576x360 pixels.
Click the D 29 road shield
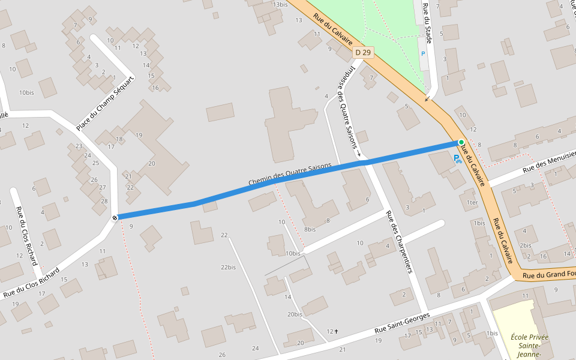(x=363, y=53)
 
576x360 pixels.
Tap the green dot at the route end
(x=461, y=142)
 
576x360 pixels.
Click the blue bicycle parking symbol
(x=457, y=159)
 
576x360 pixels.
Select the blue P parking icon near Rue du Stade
(x=422, y=53)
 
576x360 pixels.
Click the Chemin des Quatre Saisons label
(x=290, y=175)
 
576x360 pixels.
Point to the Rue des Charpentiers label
(x=400, y=241)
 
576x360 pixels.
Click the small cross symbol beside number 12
(x=337, y=331)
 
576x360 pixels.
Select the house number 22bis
(x=228, y=267)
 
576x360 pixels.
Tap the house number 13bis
(x=280, y=5)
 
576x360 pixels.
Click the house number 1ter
(x=472, y=203)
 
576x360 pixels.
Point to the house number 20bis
(x=295, y=314)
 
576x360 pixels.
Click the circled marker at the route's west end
(x=114, y=217)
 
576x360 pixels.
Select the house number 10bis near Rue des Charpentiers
(x=293, y=253)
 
